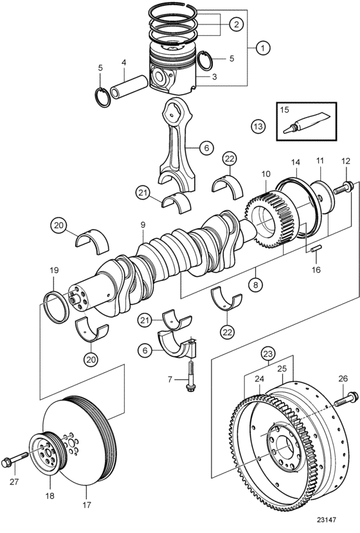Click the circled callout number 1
click(263, 48)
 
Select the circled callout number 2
click(237, 24)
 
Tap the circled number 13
click(258, 127)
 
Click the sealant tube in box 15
click(305, 123)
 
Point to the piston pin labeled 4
click(129, 87)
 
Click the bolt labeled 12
click(344, 188)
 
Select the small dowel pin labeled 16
click(316, 249)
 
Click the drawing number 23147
click(327, 519)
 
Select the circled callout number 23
click(268, 354)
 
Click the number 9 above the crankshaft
click(143, 224)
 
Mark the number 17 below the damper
click(87, 505)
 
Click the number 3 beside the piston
click(214, 77)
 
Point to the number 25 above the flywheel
click(282, 368)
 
